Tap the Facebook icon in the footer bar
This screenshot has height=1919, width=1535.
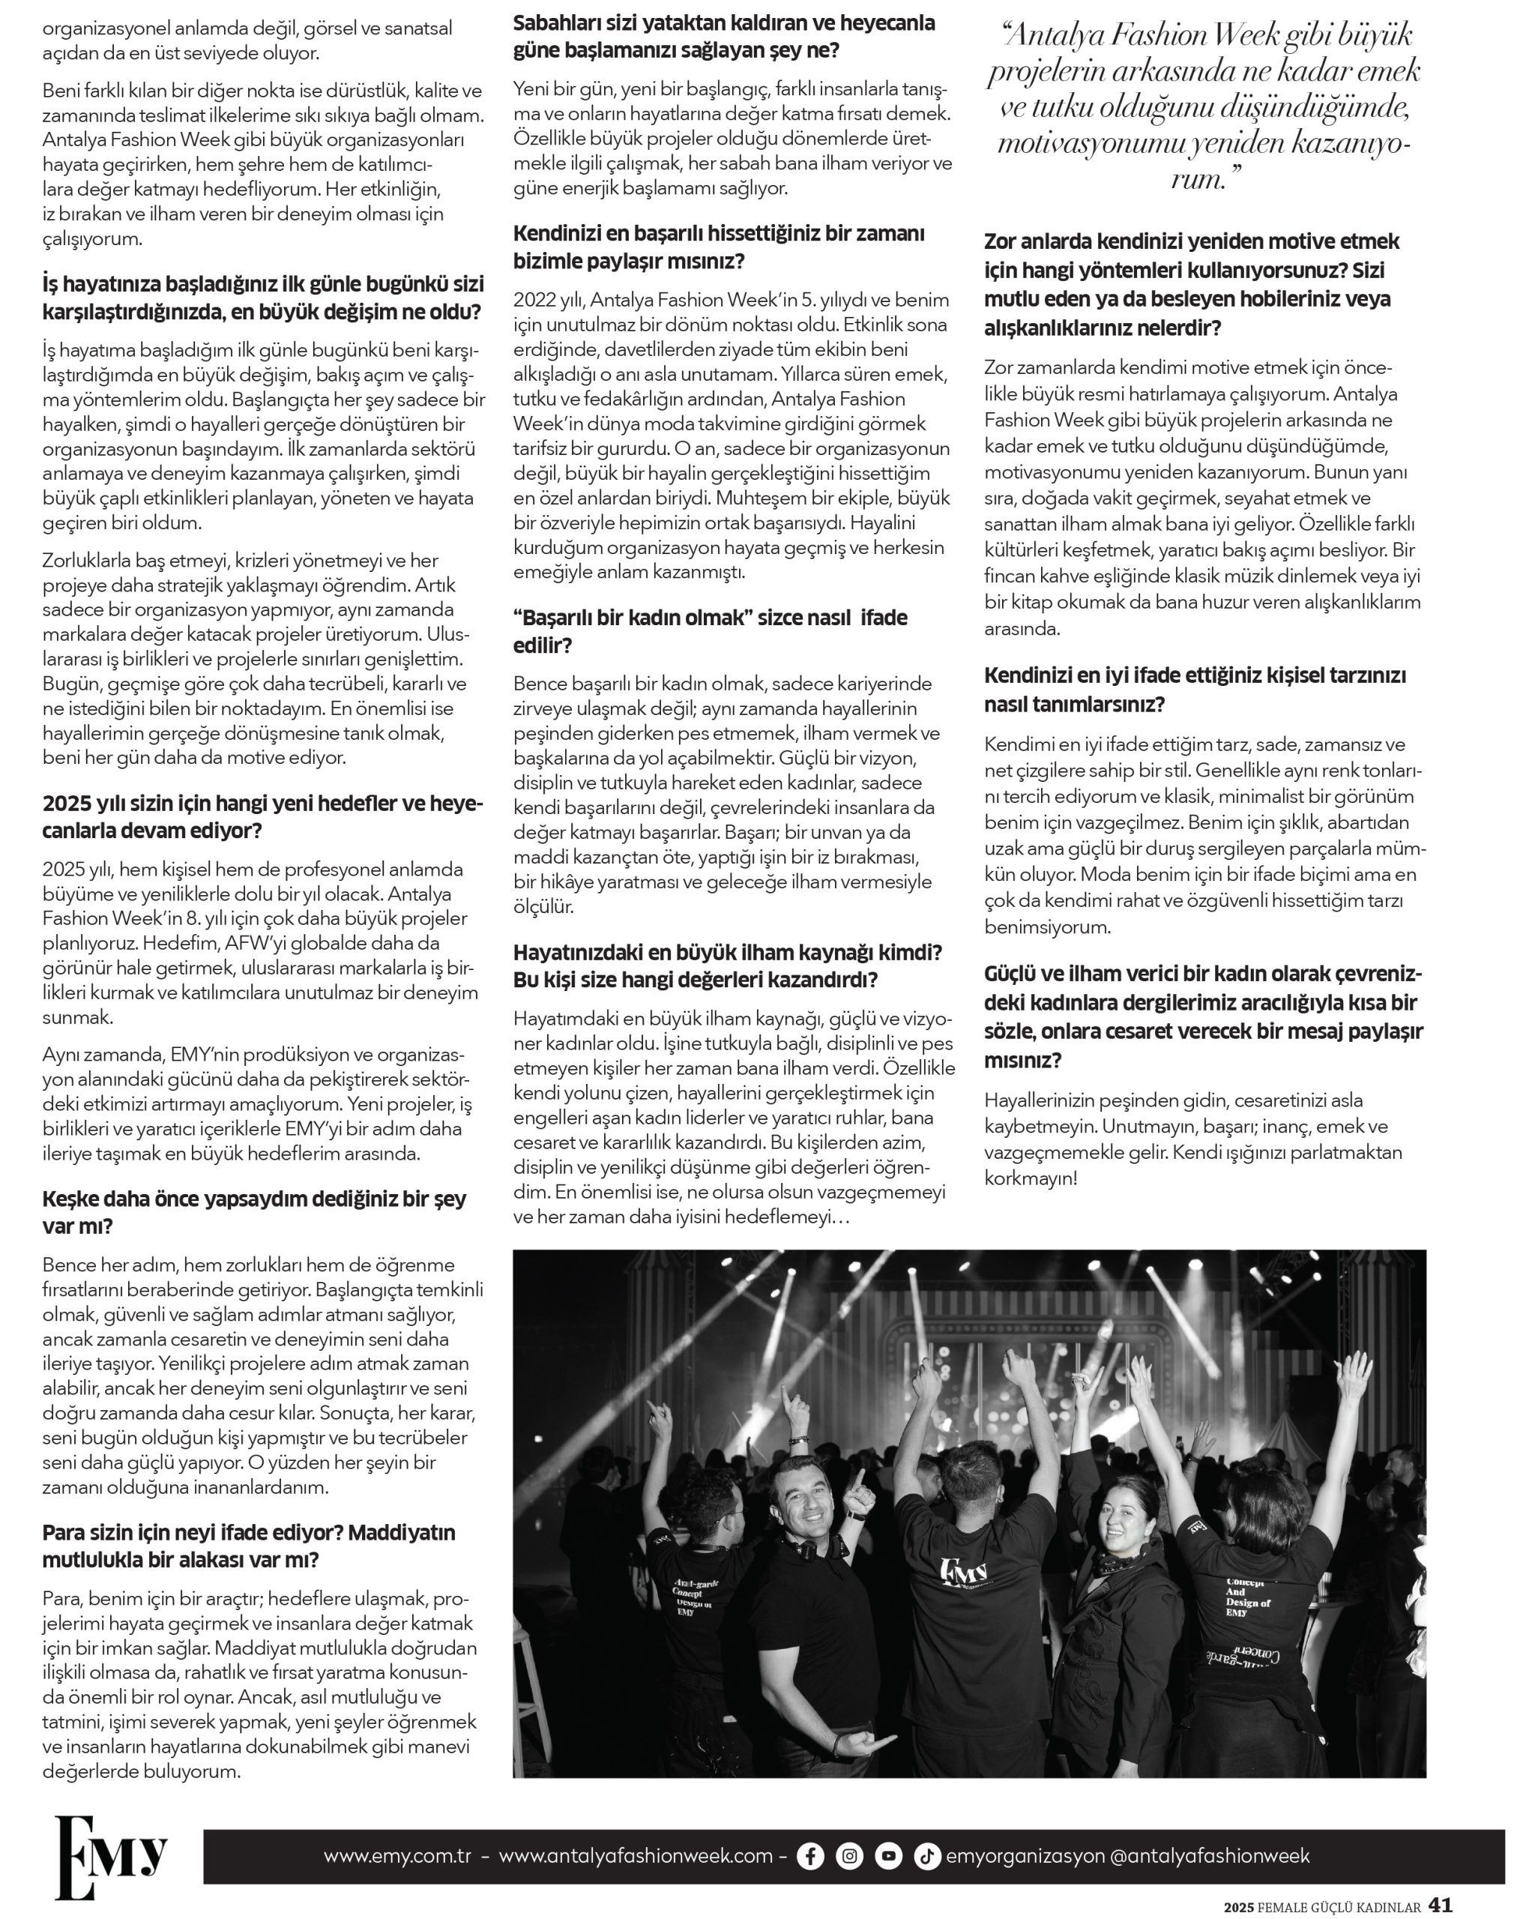809,1856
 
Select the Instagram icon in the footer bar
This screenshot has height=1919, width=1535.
850,1856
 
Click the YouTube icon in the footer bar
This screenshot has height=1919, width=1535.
888,1856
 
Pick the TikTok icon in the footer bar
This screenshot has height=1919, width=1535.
927,1856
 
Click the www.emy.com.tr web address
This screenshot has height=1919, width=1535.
397,1857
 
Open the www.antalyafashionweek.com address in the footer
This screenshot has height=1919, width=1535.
636,1857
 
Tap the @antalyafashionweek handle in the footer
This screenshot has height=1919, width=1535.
1210,1857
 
